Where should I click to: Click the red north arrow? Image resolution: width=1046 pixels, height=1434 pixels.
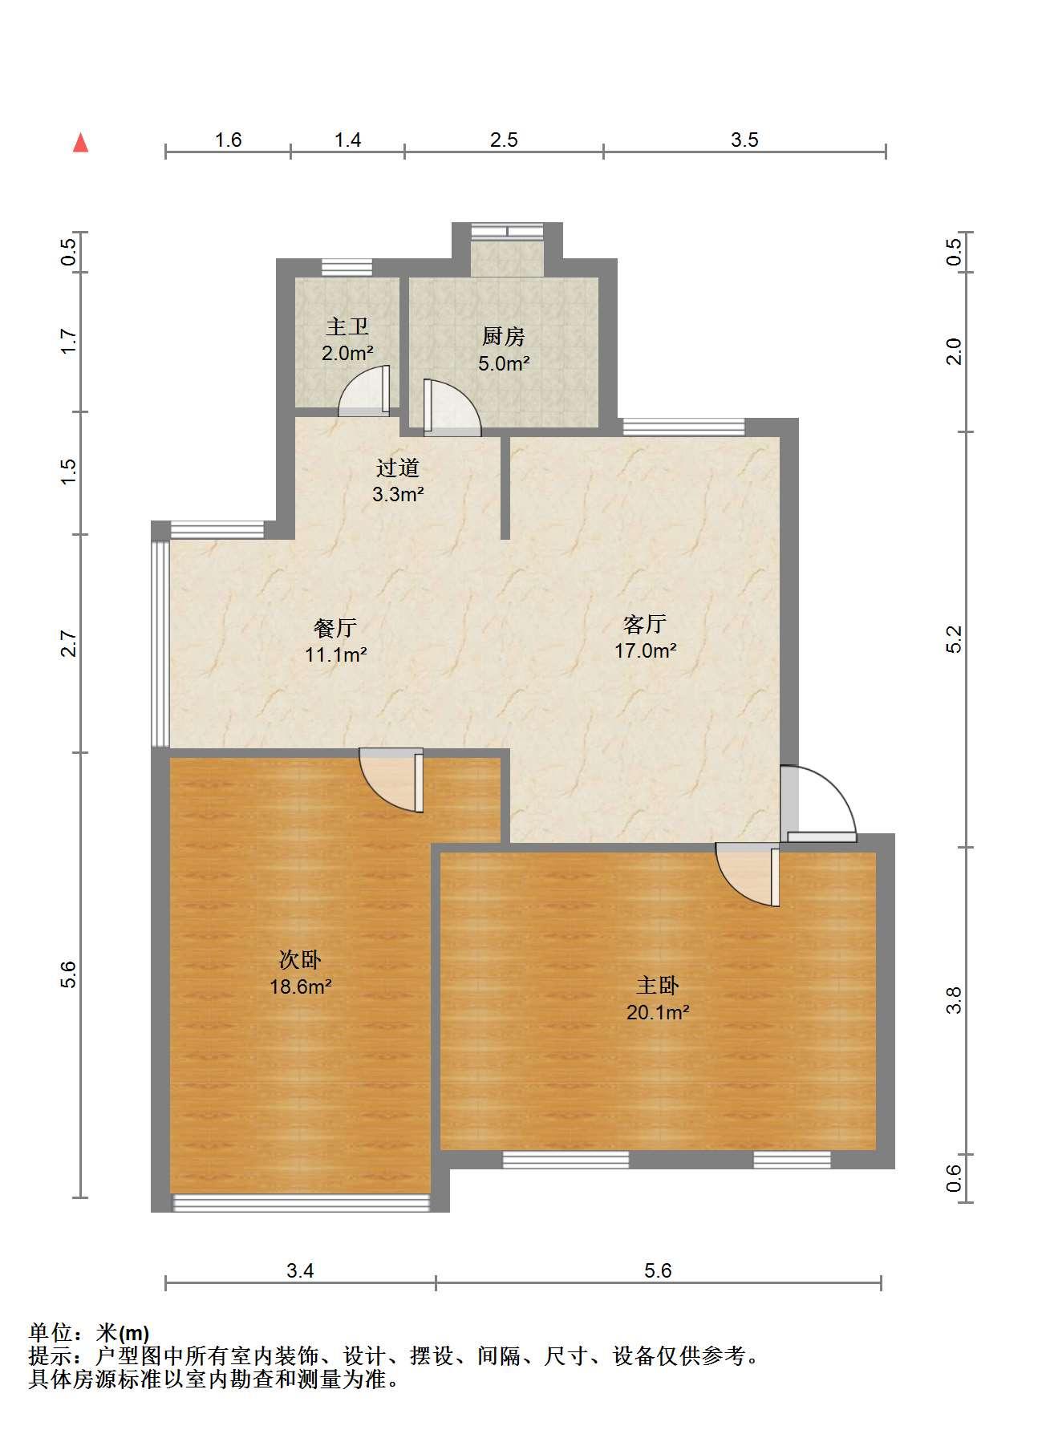(80, 143)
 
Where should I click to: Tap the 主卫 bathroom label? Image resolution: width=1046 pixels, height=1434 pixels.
(347, 326)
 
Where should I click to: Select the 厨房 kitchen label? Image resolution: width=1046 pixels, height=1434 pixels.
(504, 337)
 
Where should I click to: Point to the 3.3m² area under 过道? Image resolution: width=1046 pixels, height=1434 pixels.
(398, 494)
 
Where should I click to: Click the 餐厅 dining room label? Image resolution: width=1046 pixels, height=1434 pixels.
(335, 628)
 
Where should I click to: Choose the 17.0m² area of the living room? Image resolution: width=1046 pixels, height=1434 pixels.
(645, 650)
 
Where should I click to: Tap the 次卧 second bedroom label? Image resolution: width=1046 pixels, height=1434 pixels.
(300, 959)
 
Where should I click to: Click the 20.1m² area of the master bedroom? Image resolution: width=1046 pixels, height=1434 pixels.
(658, 1012)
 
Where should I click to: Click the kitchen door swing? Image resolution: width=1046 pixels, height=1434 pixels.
(452, 407)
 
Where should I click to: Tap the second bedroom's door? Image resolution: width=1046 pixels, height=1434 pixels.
(391, 780)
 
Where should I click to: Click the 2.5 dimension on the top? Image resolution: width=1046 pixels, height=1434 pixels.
(504, 140)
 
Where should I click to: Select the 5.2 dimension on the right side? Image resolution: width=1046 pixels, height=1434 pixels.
(953, 639)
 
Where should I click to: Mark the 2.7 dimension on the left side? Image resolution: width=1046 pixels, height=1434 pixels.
(69, 644)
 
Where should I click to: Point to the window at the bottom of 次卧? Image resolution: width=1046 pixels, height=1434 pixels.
(302, 1202)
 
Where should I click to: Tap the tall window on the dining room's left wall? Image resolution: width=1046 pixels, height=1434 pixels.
(160, 644)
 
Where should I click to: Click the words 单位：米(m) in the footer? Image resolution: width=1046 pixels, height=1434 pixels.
(88, 1333)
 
